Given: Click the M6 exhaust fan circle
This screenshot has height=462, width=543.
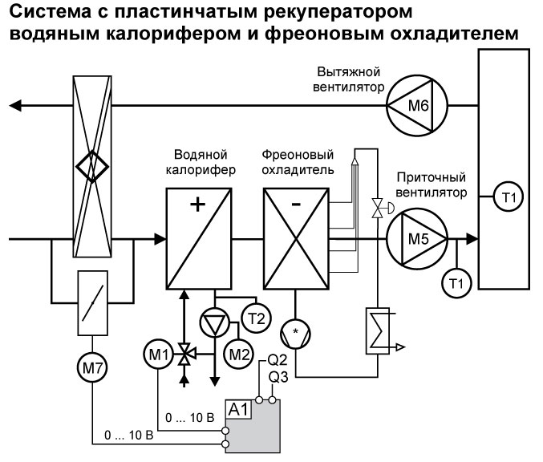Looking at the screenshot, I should (x=416, y=106).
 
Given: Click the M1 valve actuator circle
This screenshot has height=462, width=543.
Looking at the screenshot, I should (x=160, y=351).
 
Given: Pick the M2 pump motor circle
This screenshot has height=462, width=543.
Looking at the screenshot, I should (x=238, y=353).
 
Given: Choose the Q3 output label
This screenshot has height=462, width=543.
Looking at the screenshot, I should (x=278, y=377).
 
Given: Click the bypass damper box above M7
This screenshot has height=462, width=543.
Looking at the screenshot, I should (x=95, y=303).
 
